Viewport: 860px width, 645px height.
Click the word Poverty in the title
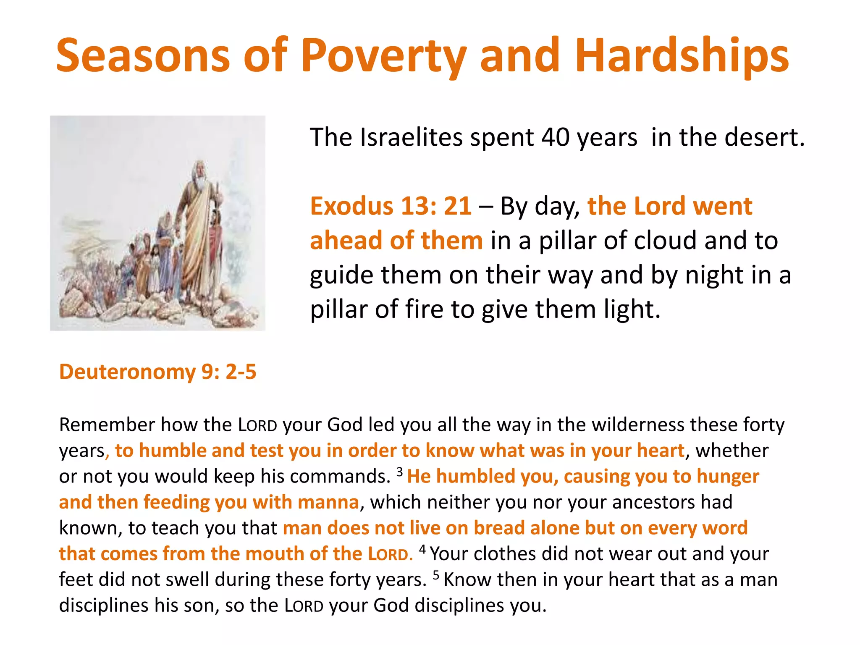(x=383, y=57)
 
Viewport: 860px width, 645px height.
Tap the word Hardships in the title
(x=682, y=57)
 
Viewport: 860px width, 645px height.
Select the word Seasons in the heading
(x=143, y=56)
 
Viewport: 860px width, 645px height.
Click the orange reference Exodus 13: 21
(x=391, y=206)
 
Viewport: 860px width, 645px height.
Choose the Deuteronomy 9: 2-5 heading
(x=157, y=372)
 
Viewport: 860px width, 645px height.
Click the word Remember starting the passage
(x=107, y=425)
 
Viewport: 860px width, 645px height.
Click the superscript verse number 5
(x=436, y=574)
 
